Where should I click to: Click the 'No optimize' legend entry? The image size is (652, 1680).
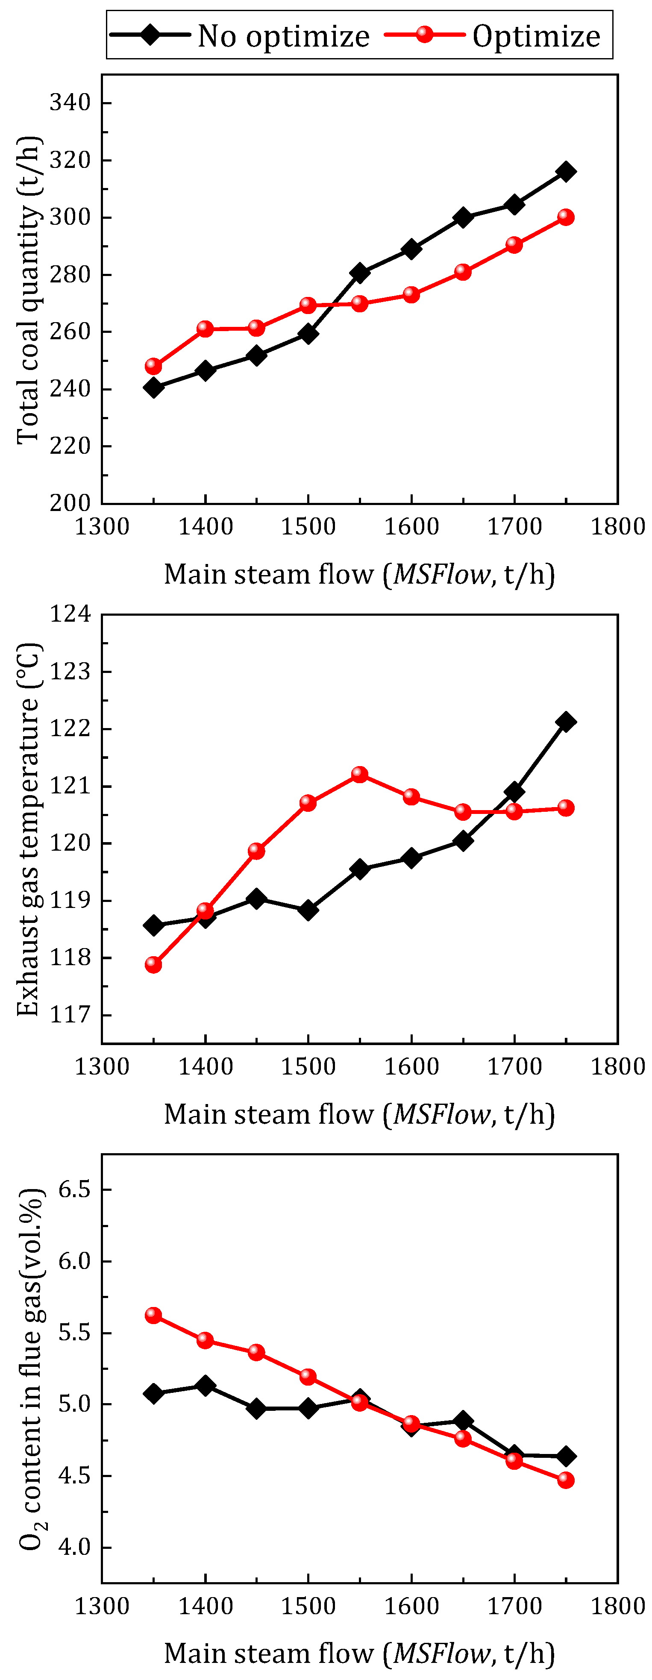pyautogui.click(x=240, y=35)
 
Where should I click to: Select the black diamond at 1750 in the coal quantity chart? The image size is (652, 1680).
pyautogui.click(x=566, y=171)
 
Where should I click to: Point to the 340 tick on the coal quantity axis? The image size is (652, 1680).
pyautogui.click(x=70, y=103)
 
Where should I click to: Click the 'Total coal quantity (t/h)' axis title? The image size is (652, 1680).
pyautogui.click(x=28, y=290)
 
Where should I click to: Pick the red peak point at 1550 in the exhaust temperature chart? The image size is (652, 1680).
pyautogui.click(x=359, y=774)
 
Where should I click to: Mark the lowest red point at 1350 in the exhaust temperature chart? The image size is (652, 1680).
pyautogui.click(x=153, y=965)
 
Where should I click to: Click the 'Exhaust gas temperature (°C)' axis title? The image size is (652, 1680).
pyautogui.click(x=28, y=830)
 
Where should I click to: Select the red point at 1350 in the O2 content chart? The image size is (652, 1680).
pyautogui.click(x=153, y=1315)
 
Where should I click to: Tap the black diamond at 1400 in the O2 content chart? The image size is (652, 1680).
pyautogui.click(x=206, y=1385)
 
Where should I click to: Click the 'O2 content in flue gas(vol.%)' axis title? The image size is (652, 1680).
pyautogui.click(x=30, y=1368)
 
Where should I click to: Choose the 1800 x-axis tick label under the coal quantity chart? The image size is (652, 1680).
pyautogui.click(x=617, y=526)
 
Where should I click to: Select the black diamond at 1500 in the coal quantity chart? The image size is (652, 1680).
pyautogui.click(x=308, y=334)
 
